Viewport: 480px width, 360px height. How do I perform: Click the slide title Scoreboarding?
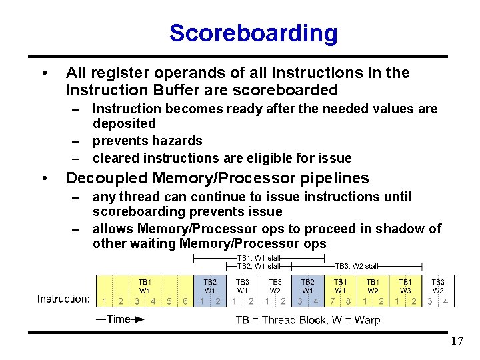tap(253, 33)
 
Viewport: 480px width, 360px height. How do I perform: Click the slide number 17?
tap(457, 341)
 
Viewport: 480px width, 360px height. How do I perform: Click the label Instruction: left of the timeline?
tap(64, 299)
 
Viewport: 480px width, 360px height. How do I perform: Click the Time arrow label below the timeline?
tap(118, 319)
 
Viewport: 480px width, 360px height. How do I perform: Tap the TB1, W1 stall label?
tap(258, 257)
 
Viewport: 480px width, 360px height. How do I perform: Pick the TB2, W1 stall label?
tap(258, 265)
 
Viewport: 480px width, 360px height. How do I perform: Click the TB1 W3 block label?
tap(405, 286)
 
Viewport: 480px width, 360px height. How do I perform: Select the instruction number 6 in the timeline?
tap(185, 301)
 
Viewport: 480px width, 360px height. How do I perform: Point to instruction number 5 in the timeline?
tap(169, 301)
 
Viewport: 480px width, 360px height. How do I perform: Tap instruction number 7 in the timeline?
tap(331, 301)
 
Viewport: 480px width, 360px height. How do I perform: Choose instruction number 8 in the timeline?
tap(348, 301)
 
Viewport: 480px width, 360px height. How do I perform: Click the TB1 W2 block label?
tap(373, 286)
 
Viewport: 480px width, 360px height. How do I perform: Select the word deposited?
tap(124, 123)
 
